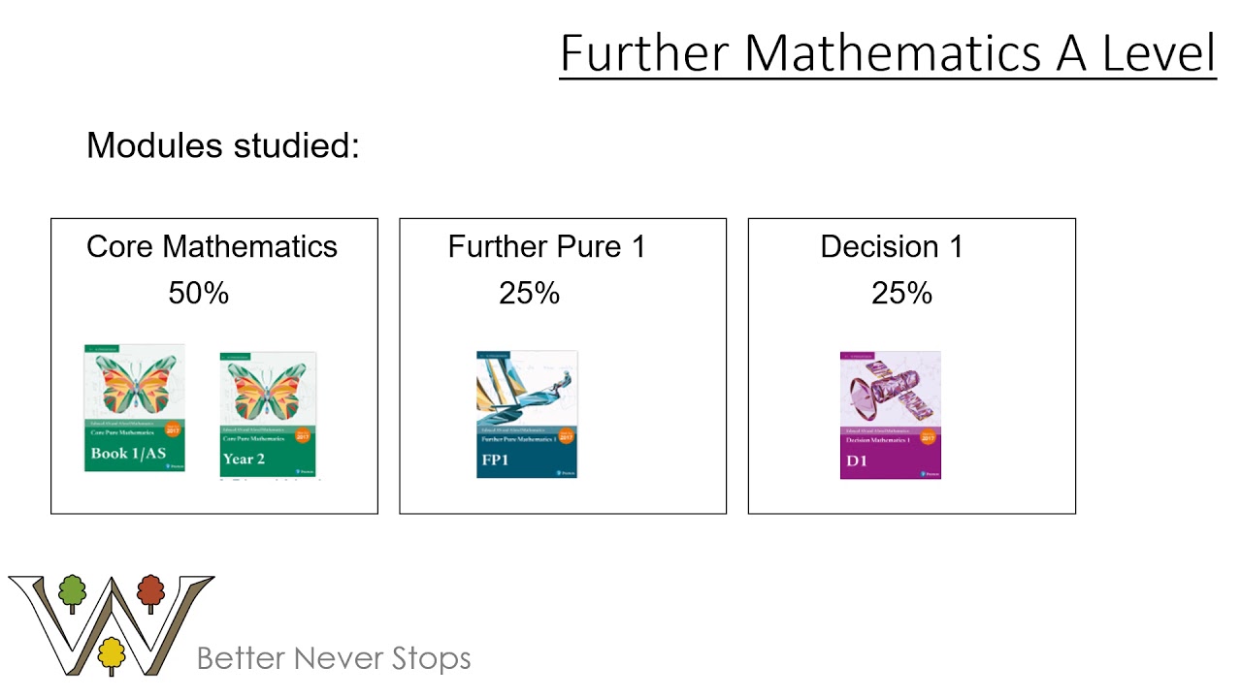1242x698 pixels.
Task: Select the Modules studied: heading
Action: pos(223,145)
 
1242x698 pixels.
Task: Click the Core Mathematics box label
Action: pos(212,246)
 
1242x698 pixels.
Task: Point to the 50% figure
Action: pos(199,293)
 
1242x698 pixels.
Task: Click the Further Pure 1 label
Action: pos(546,246)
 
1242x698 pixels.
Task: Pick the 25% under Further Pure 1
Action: pos(530,293)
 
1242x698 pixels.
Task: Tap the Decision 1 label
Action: pos(892,246)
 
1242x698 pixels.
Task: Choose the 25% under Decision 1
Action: pos(901,293)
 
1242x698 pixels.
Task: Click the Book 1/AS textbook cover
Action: pos(134,407)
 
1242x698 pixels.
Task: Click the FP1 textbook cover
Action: pos(527,414)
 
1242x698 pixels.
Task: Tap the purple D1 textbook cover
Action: pos(890,414)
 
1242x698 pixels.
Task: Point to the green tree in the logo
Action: pos(72,591)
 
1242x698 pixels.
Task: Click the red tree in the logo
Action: pos(150,591)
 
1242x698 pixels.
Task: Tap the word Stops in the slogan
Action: pos(431,658)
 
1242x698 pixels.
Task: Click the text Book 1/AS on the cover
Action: pos(129,453)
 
